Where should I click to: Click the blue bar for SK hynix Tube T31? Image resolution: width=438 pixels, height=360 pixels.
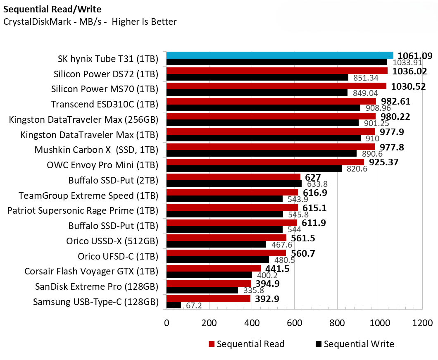click(x=279, y=55)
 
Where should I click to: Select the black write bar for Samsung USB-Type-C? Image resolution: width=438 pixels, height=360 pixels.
click(x=174, y=305)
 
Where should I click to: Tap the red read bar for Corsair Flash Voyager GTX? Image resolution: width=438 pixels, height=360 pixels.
click(x=213, y=268)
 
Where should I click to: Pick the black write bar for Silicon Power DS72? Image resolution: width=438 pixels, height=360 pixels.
click(x=257, y=77)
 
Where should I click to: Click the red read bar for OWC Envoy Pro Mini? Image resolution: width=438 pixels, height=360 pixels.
click(x=265, y=162)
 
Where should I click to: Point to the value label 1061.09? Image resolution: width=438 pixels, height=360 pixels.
click(x=414, y=56)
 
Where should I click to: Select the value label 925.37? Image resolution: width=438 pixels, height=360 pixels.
click(x=383, y=162)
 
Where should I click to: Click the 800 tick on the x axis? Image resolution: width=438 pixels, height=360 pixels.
click(x=337, y=323)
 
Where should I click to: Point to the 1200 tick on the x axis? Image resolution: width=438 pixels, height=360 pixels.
click(x=422, y=323)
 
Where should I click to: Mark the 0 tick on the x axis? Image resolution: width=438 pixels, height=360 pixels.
click(x=167, y=323)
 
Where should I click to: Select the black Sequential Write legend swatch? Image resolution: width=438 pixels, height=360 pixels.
click(x=319, y=344)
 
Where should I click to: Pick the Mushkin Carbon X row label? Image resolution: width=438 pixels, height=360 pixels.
click(x=96, y=150)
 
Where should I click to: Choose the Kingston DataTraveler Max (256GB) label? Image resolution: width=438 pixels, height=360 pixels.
click(x=83, y=119)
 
